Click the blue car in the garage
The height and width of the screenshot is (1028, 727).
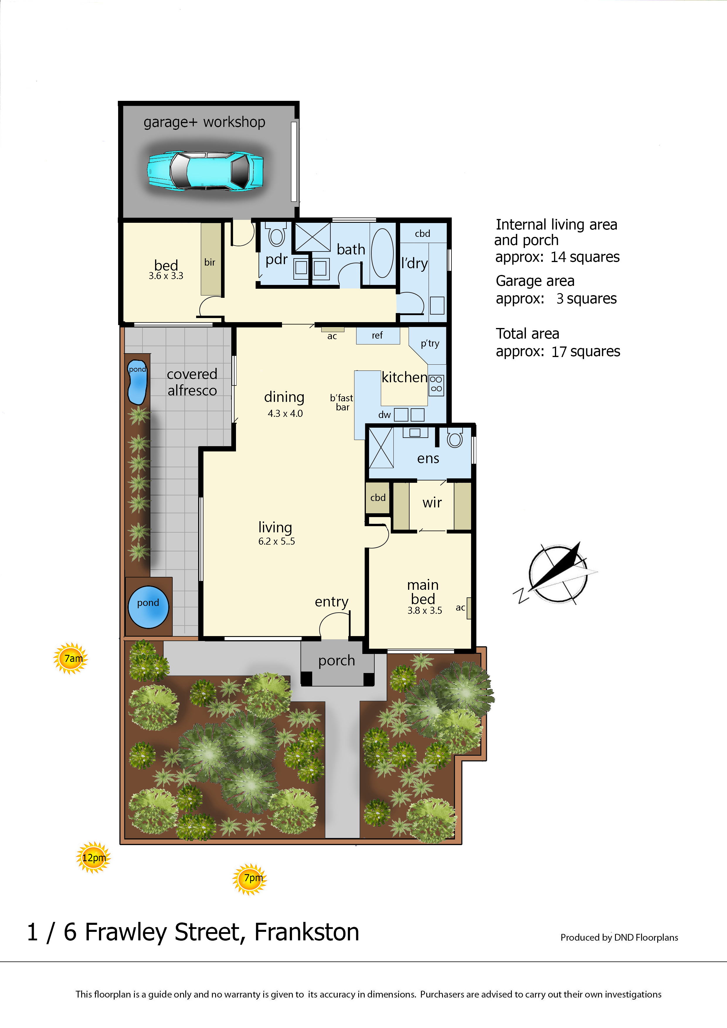pyautogui.click(x=205, y=171)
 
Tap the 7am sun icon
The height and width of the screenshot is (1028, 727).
pyautogui.click(x=71, y=658)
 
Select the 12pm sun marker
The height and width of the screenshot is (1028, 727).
pyautogui.click(x=93, y=857)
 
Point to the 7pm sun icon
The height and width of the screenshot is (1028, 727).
pyautogui.click(x=250, y=879)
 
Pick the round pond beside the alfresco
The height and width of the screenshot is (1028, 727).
pyautogui.click(x=148, y=607)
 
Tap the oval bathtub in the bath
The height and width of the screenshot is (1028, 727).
pyautogui.click(x=382, y=253)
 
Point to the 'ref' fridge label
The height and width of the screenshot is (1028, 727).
pyautogui.click(x=377, y=335)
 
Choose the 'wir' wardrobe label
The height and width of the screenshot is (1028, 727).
pyautogui.click(x=432, y=503)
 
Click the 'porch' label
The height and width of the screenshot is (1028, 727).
pyautogui.click(x=337, y=661)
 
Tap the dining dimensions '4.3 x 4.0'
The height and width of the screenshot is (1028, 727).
pyautogui.click(x=285, y=413)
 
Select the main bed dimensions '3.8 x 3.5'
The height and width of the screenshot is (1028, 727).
pyautogui.click(x=424, y=610)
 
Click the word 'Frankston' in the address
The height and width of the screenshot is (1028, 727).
pyautogui.click(x=307, y=932)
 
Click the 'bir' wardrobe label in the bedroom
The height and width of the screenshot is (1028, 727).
pyautogui.click(x=210, y=262)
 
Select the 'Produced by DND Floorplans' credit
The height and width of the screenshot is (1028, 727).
pyautogui.click(x=619, y=937)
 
